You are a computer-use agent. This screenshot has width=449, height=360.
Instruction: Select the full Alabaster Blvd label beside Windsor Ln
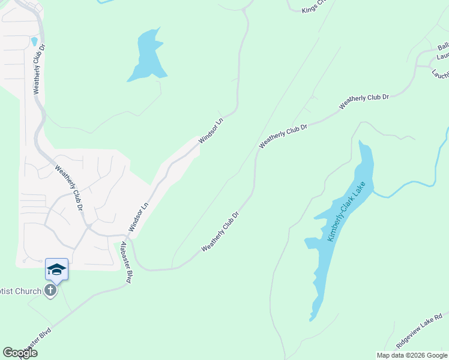click(126, 262)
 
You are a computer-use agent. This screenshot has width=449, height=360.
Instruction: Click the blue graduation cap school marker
click(56, 269)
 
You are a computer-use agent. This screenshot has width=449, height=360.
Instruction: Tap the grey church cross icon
click(51, 291)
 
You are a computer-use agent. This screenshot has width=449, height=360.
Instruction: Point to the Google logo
click(20, 353)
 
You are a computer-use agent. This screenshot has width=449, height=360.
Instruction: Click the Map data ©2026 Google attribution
click(412, 355)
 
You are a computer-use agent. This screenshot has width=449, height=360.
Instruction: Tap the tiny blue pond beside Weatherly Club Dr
click(34, 42)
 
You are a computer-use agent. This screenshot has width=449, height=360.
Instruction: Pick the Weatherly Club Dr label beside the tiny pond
click(39, 68)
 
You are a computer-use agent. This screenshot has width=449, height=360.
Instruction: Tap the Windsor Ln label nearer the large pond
click(211, 130)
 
